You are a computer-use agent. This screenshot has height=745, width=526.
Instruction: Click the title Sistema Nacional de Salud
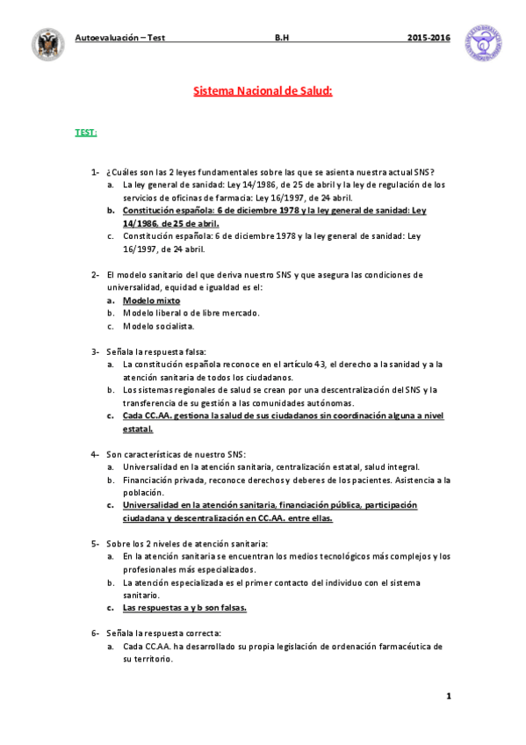[x=263, y=90]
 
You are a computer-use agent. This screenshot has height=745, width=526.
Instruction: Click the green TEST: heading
[x=85, y=133]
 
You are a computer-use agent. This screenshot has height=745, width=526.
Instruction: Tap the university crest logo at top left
[x=47, y=44]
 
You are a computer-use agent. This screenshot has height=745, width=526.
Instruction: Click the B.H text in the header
[x=282, y=39]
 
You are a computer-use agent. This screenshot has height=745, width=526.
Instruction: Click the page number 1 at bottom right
[x=448, y=697]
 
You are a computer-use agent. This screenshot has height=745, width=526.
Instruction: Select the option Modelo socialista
[x=158, y=326]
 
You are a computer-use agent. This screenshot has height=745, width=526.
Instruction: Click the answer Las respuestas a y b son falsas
[x=184, y=607]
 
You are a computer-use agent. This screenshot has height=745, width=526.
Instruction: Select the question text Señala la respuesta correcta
[x=163, y=633]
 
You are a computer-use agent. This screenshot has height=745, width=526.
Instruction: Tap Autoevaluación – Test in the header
[x=120, y=39]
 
